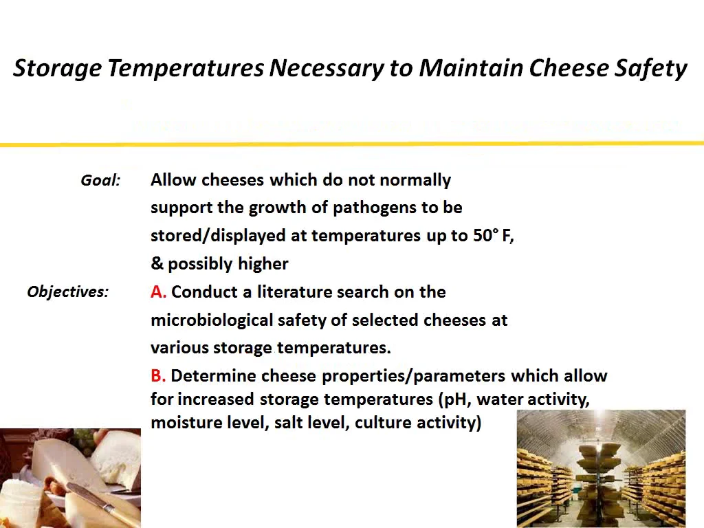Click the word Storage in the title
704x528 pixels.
coord(58,68)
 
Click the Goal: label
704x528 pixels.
coord(100,180)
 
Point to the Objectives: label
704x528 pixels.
coord(67,291)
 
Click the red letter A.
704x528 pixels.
coord(157,292)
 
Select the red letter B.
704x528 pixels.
coord(157,376)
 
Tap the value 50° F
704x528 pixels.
coord(493,235)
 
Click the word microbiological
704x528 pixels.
coord(212,320)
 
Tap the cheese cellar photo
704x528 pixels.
coord(601,468)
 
